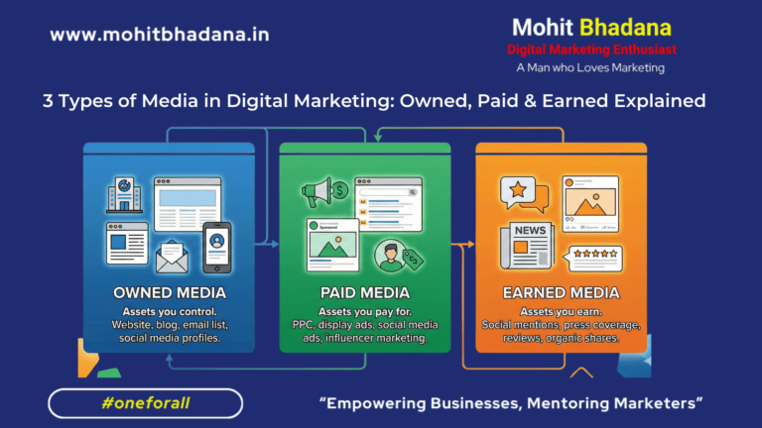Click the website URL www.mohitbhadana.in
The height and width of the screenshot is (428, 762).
click(x=160, y=35)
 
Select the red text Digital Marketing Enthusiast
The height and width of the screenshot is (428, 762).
click(x=591, y=49)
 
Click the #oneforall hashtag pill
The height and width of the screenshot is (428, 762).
click(x=145, y=403)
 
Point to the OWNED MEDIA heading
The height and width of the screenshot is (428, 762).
click(x=169, y=293)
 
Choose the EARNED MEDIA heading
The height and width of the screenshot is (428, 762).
click(x=561, y=293)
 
